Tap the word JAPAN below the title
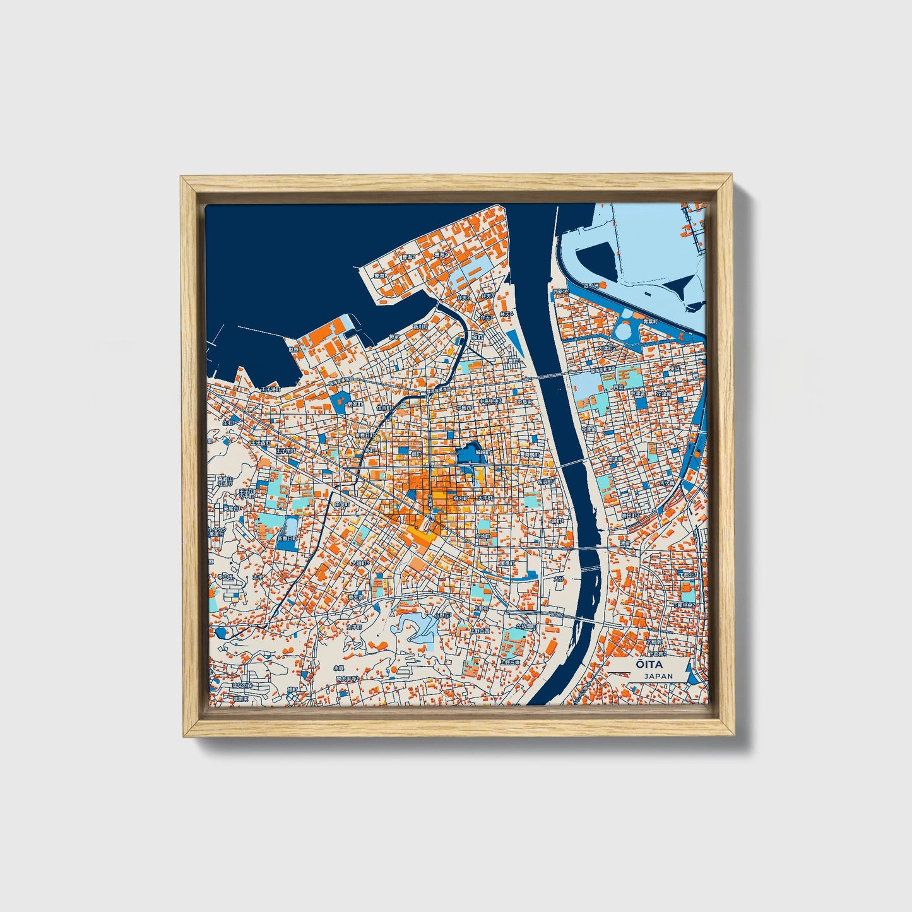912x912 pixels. (658, 676)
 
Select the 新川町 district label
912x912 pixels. (420, 327)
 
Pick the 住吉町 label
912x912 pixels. (384, 408)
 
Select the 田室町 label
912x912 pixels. (342, 505)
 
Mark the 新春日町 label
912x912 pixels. (287, 539)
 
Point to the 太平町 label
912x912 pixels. (353, 627)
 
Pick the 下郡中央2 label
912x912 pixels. (687, 605)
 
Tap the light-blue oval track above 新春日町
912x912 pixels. (292, 526)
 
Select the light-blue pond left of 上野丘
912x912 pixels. (417, 628)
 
